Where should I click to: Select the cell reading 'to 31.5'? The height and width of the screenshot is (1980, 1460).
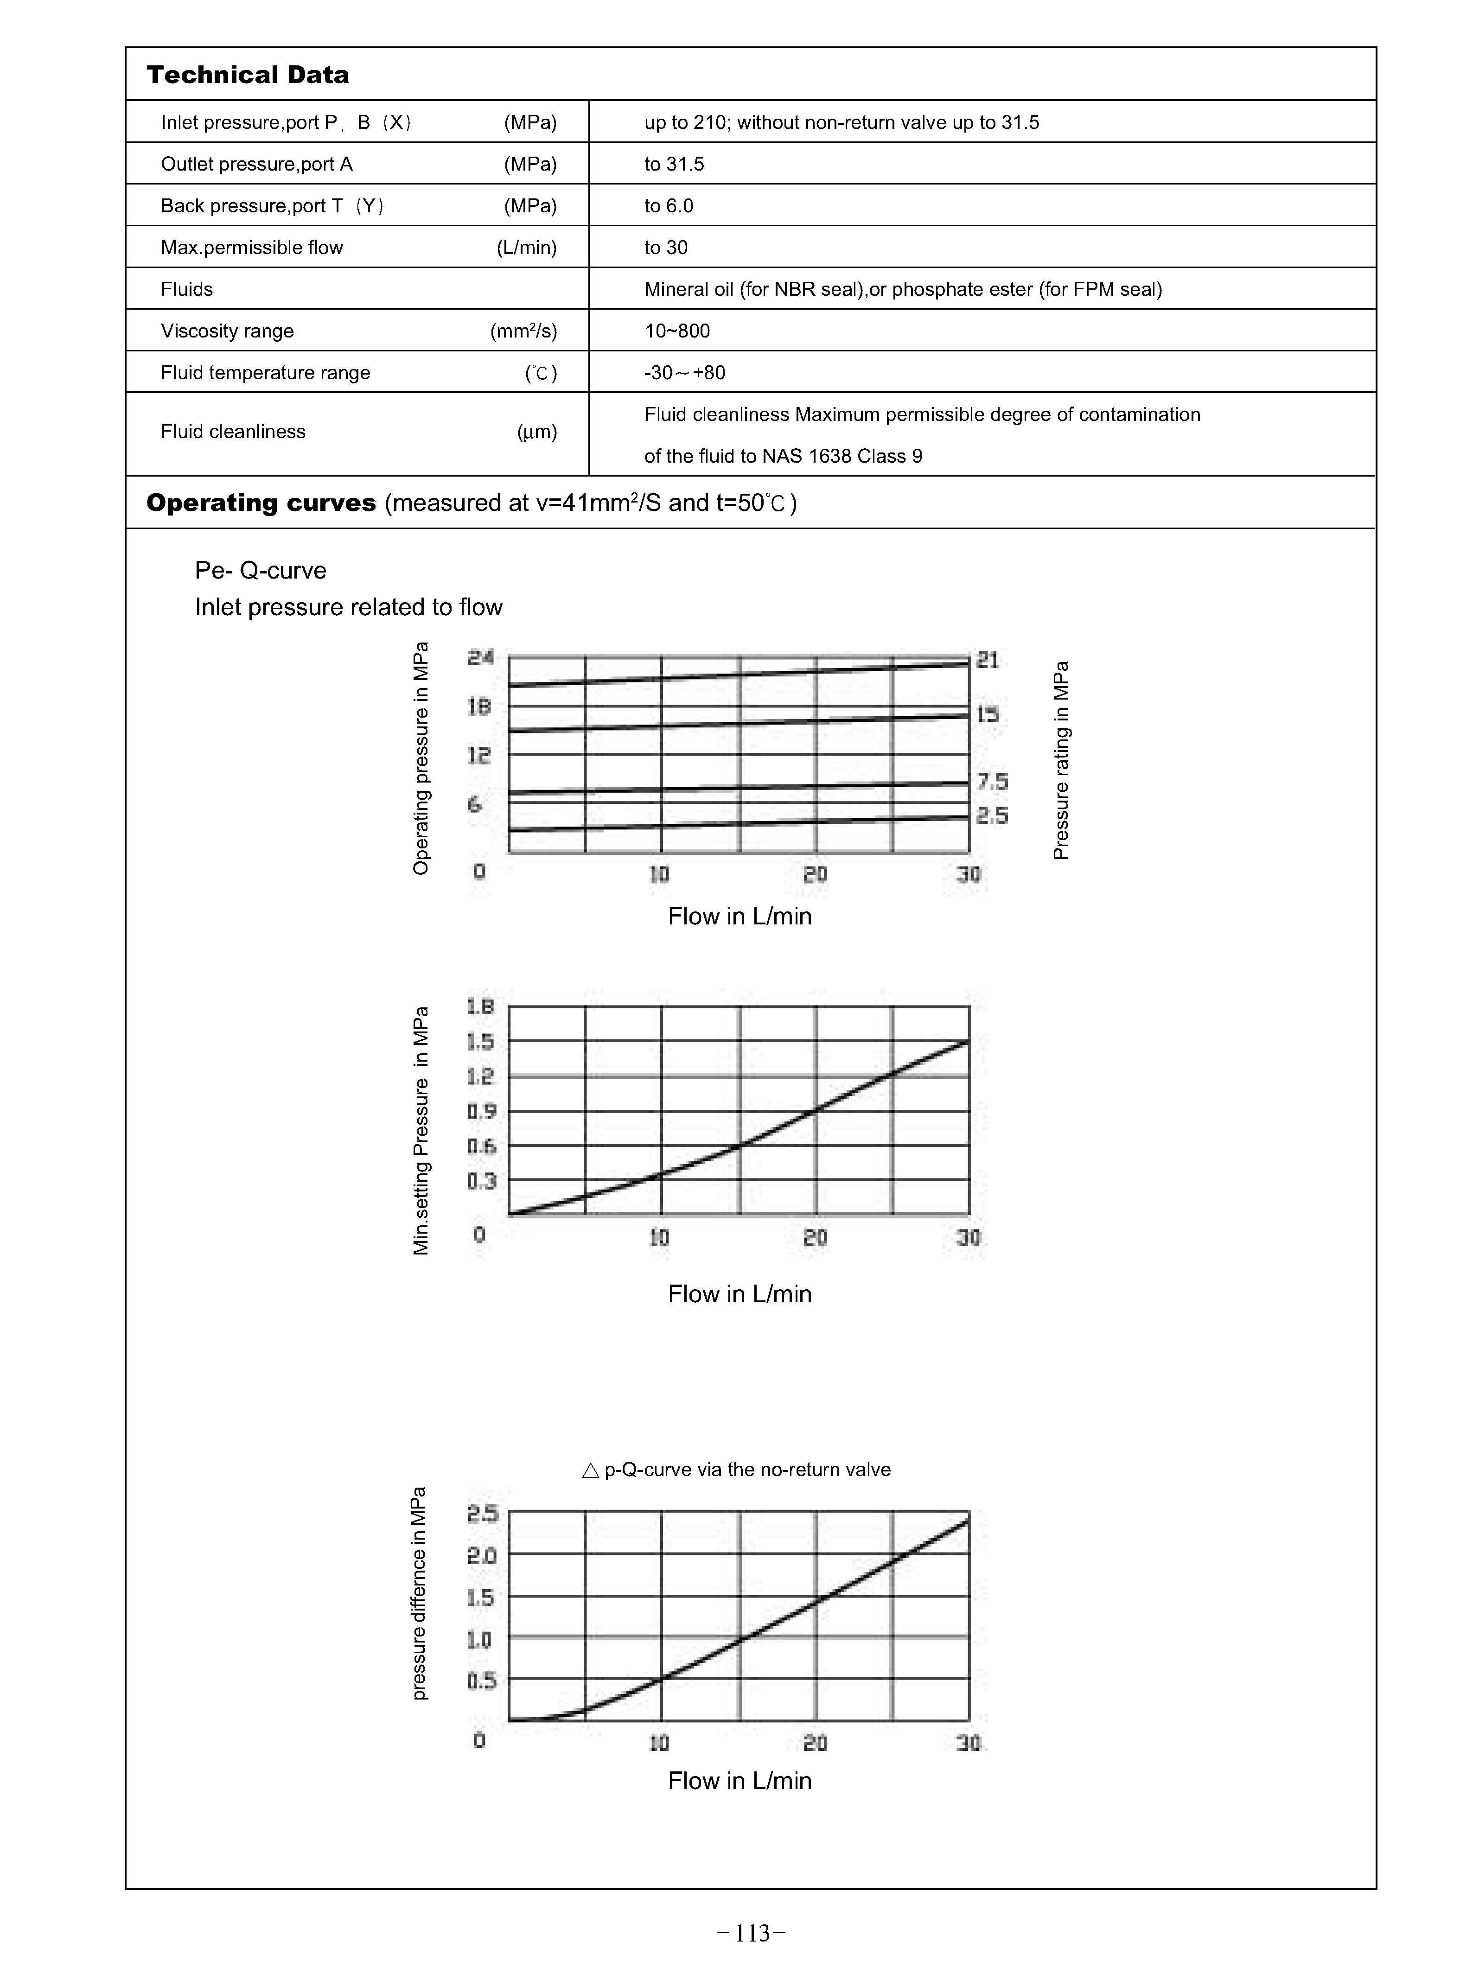tap(674, 164)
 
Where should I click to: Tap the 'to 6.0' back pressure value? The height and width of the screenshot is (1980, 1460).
tap(668, 206)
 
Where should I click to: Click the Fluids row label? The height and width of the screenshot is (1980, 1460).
tap(186, 290)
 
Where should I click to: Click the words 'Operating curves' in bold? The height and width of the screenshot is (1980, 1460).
tap(261, 503)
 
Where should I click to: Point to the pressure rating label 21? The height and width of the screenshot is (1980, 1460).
tap(987, 660)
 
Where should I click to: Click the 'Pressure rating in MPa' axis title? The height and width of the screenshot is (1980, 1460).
tap(1061, 760)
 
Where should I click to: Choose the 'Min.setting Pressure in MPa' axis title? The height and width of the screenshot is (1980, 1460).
tap(421, 1130)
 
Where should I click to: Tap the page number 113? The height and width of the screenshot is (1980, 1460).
tap(751, 1933)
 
